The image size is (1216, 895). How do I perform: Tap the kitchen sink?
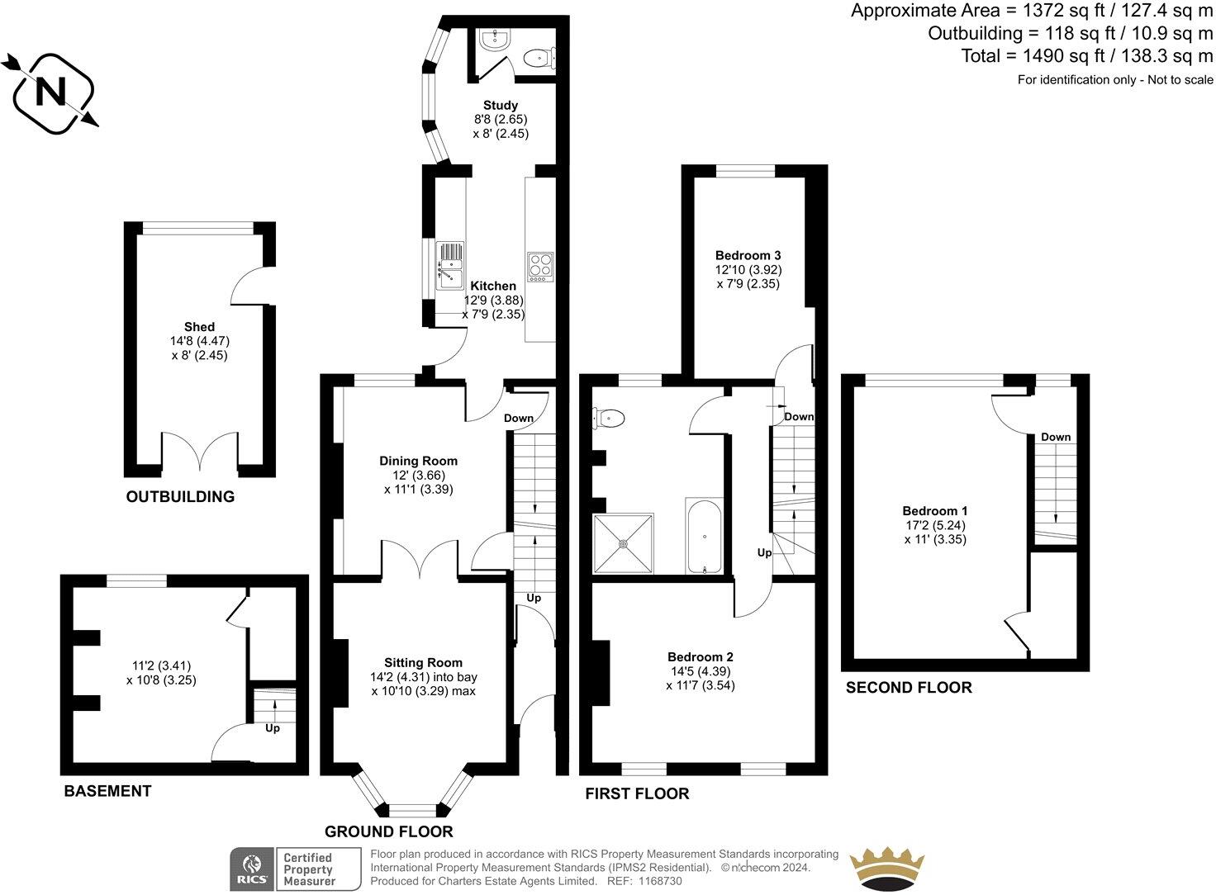[450, 265]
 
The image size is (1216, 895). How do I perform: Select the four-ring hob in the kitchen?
[539, 265]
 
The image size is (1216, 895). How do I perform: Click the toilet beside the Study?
[539, 57]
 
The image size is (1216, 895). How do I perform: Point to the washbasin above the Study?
[499, 37]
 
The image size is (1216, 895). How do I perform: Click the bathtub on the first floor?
[704, 536]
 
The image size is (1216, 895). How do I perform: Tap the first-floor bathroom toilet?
[610, 419]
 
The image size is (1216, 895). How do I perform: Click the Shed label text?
[199, 327]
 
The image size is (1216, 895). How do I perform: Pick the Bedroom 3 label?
[748, 255]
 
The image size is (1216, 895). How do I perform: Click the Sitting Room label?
[423, 662]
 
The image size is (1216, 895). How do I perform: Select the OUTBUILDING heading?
[180, 497]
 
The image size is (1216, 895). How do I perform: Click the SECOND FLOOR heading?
[909, 688]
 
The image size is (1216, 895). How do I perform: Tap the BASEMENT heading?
[107, 791]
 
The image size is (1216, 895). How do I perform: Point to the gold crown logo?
[889, 869]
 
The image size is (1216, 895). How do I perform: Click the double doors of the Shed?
[200, 452]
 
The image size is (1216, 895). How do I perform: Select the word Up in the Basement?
[272, 728]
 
